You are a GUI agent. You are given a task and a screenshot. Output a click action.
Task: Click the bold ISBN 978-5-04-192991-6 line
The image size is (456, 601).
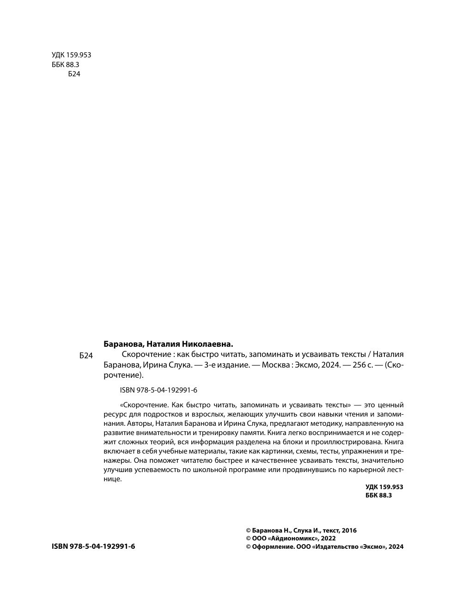click(x=93, y=546)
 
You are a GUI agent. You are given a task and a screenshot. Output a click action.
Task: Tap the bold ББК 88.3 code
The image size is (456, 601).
click(x=378, y=495)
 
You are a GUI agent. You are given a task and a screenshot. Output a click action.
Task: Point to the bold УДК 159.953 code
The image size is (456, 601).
click(x=384, y=487)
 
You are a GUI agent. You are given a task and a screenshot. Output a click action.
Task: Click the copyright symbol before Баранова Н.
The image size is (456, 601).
click(x=248, y=531)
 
